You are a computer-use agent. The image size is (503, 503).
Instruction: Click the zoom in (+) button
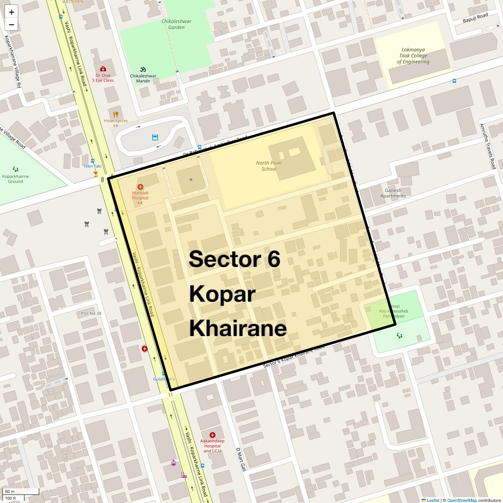tap(11, 12)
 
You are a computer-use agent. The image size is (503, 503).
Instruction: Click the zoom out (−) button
tap(11, 25)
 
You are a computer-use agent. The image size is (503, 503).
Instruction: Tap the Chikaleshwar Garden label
tap(176, 24)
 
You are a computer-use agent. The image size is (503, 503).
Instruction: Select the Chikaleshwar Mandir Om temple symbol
tap(143, 70)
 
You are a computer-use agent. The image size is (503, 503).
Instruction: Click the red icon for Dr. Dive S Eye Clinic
tap(103, 69)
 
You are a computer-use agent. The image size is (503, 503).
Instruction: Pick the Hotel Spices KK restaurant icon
tap(116, 114)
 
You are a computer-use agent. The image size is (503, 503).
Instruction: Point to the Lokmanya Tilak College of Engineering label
tap(413, 56)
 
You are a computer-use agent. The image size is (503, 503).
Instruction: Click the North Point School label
tap(269, 166)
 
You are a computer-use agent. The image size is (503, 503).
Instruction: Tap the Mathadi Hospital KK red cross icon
tap(140, 187)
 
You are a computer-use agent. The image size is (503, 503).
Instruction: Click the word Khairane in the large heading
tap(238, 328)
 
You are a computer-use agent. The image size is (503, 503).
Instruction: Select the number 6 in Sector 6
tap(273, 259)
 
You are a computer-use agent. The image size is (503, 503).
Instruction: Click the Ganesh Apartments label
tap(393, 193)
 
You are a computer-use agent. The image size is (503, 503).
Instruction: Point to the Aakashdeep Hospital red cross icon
tap(213, 435)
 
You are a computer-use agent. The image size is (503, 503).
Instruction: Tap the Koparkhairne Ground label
tap(16, 179)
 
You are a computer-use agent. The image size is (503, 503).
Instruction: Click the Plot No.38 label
tap(91, 314)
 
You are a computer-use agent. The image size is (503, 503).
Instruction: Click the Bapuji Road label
tap(475, 18)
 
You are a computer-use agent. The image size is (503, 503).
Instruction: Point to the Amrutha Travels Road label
tap(487, 146)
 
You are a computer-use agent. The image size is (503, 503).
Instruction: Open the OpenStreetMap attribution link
tap(462, 500)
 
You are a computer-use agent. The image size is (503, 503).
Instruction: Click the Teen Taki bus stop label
tap(92, 166)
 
